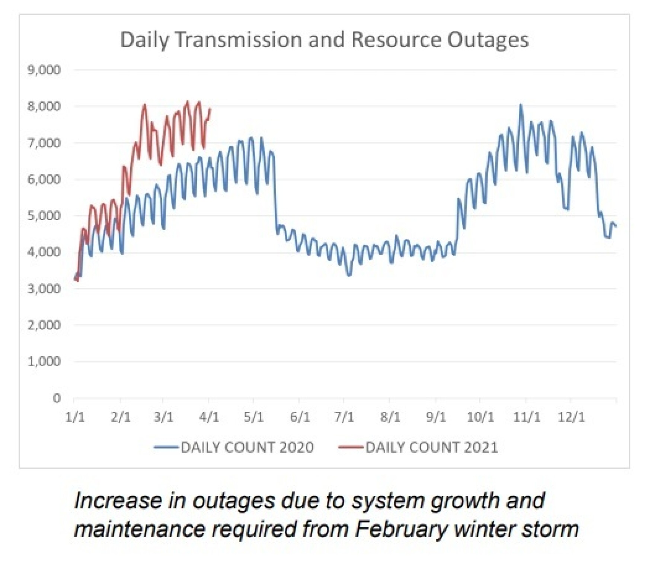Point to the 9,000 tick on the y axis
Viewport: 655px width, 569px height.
[44, 70]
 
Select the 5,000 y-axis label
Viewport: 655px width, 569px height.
[44, 216]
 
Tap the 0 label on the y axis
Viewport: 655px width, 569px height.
[56, 398]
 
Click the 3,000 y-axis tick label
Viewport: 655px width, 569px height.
[44, 289]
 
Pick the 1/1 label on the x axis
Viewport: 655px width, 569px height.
[75, 417]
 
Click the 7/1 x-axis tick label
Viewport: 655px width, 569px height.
[344, 417]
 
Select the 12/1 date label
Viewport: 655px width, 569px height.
[571, 417]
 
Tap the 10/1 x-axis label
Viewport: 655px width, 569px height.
[480, 417]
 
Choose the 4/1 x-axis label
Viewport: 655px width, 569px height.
[209, 417]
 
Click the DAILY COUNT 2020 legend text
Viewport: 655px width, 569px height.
[247, 447]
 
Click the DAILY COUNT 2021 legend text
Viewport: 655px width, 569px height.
[432, 447]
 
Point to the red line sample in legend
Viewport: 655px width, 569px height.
[351, 447]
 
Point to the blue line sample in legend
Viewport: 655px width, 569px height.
[166, 447]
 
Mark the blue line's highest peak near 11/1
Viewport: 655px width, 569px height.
[521, 106]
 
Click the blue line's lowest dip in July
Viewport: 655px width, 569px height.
[349, 275]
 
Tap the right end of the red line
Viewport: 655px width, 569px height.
[210, 109]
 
